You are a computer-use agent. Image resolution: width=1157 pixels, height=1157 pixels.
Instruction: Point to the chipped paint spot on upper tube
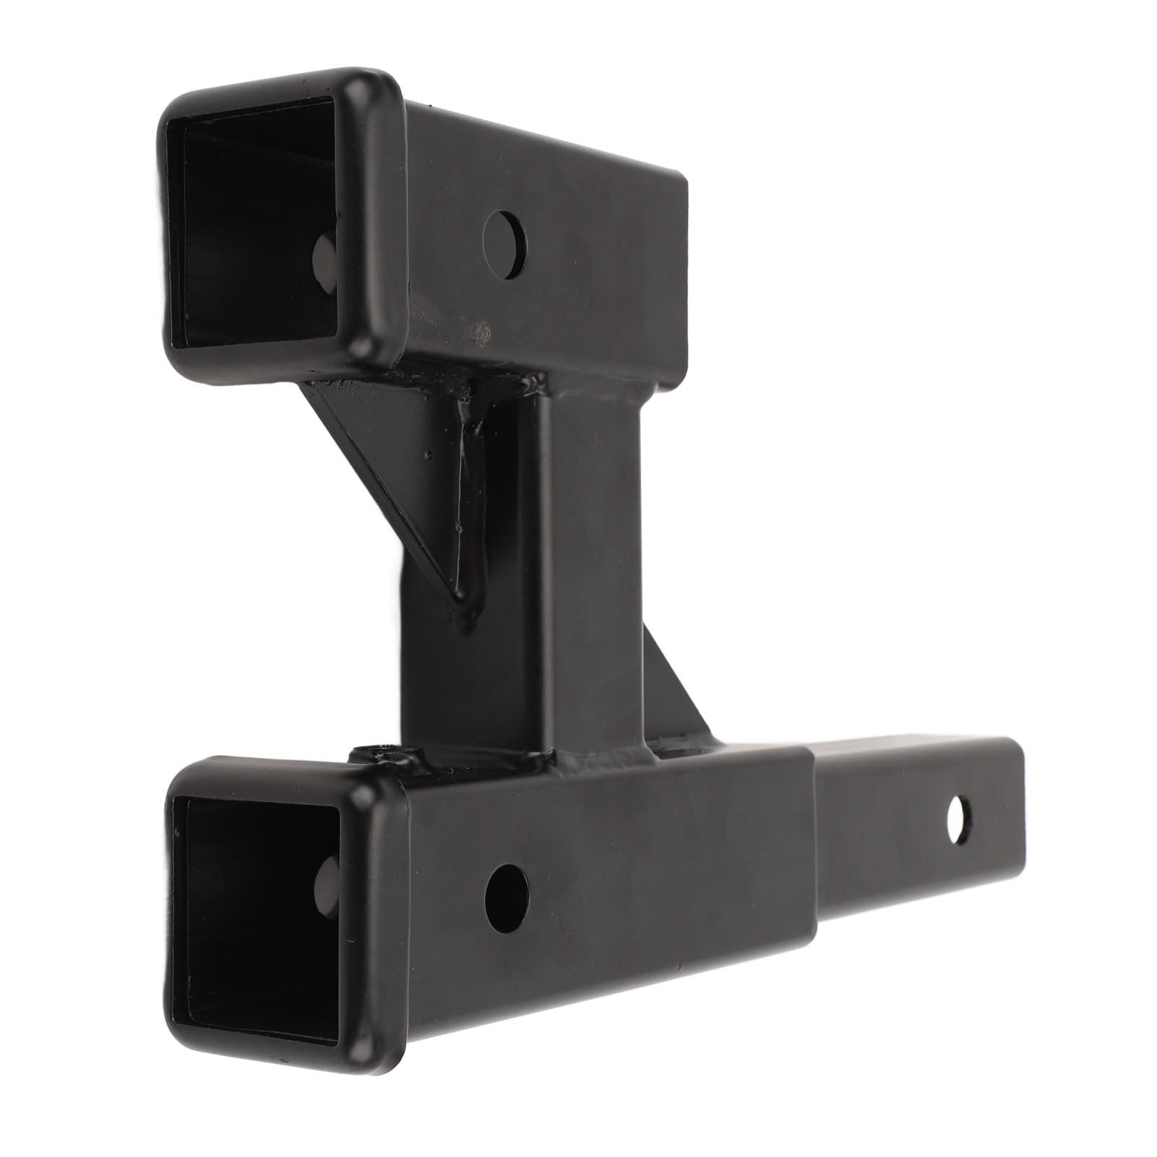point(479,331)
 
